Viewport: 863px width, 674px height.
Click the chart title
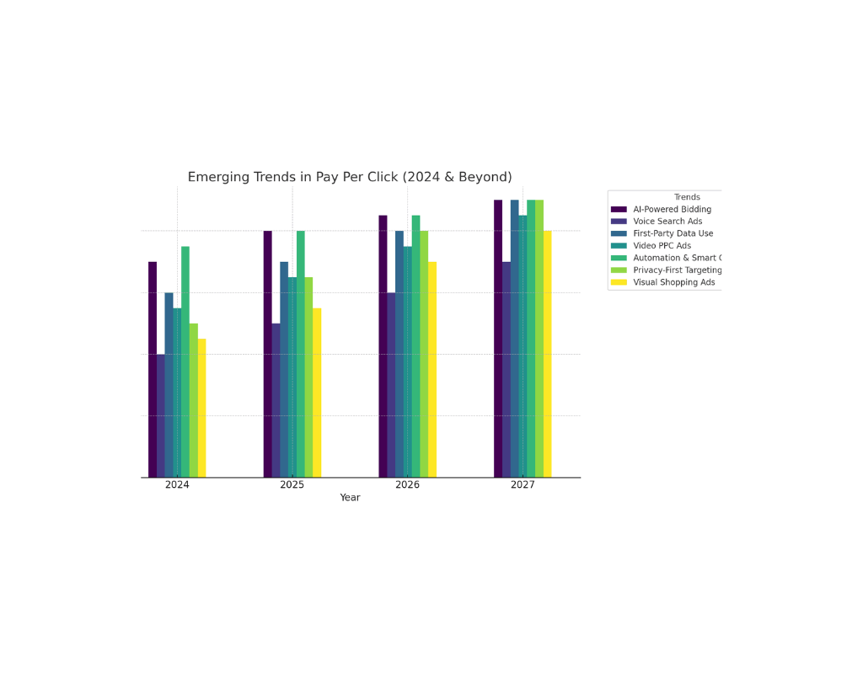350,177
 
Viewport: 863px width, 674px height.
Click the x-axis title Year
350,498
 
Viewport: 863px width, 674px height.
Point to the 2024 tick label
177,485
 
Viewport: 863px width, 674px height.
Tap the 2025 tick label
292,485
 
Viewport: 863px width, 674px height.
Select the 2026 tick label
407,485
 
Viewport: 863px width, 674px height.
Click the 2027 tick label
523,485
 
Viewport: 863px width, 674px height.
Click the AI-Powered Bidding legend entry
672,209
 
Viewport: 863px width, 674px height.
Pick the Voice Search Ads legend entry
667,222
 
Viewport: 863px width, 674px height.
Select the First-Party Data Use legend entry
673,233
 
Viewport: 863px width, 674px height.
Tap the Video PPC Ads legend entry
662,246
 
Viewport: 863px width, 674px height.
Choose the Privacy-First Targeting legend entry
677,270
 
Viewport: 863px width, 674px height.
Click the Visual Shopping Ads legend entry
673,282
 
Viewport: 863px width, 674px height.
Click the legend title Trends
687,197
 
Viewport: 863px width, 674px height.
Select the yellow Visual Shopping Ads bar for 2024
202,409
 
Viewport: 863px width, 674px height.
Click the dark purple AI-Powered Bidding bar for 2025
268,354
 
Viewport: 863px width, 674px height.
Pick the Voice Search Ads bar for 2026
391,385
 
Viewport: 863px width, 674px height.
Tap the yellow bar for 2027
548,354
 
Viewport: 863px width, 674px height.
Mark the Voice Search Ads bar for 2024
161,415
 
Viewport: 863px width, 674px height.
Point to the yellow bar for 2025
317,393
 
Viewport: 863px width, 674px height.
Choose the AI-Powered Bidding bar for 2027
498,339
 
